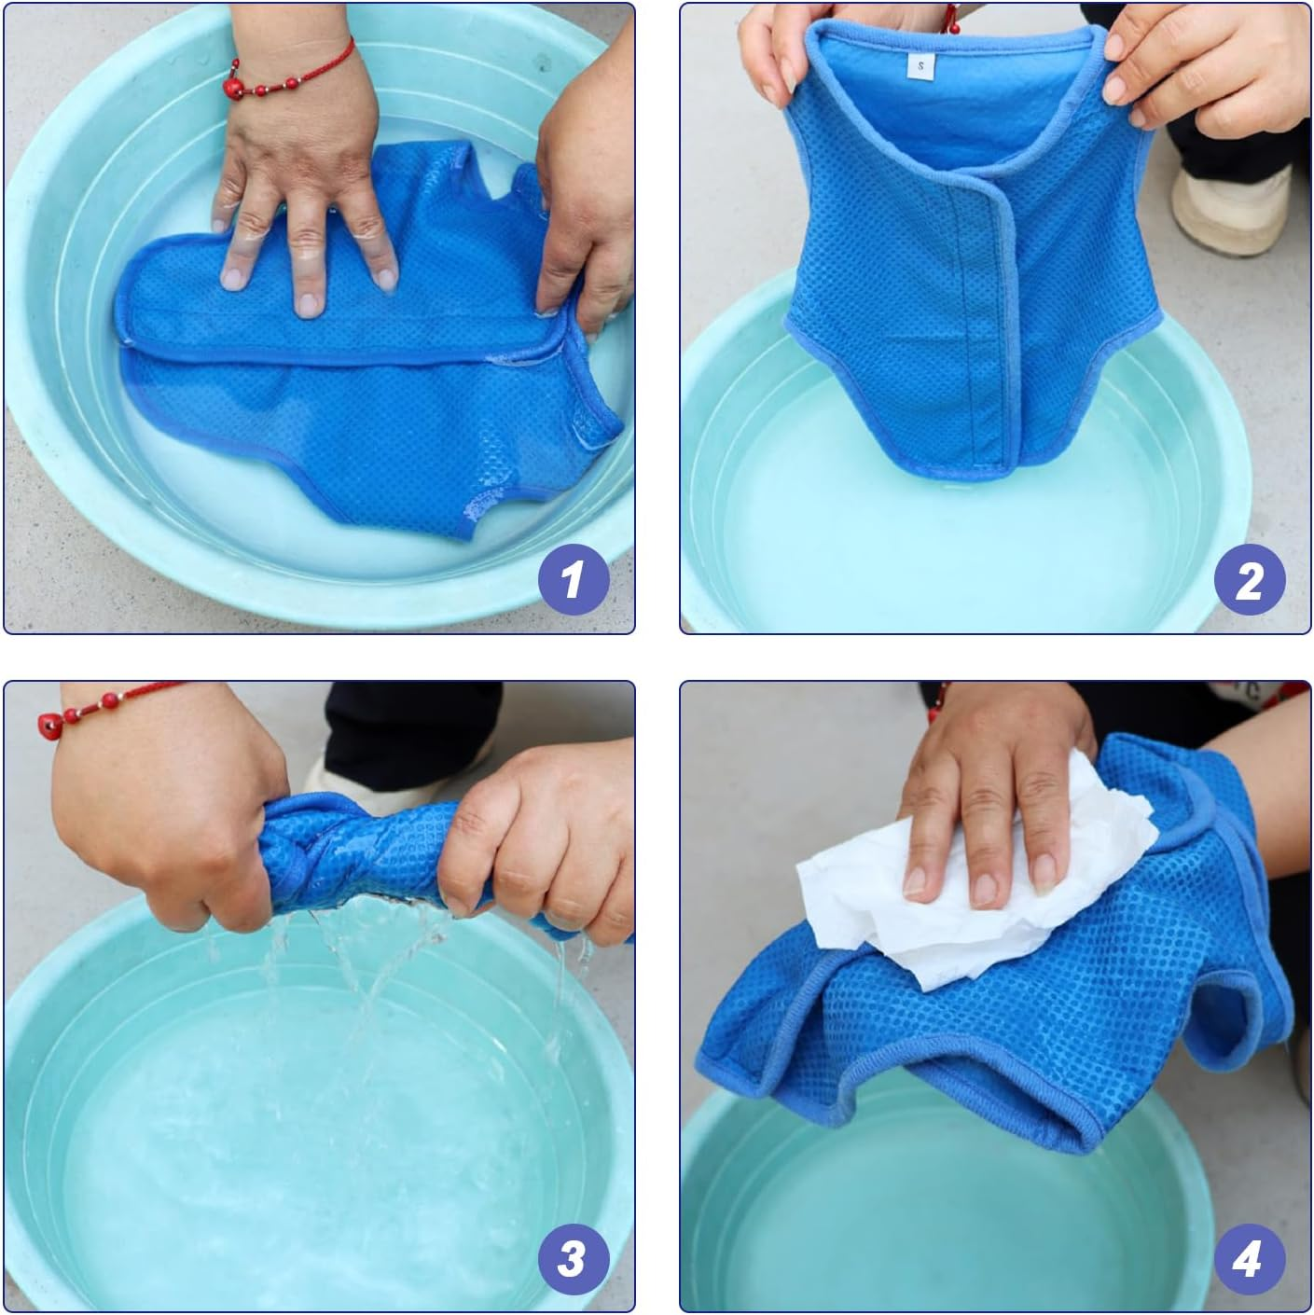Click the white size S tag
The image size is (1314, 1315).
point(920,65)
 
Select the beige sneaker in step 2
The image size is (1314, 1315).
point(1231,205)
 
